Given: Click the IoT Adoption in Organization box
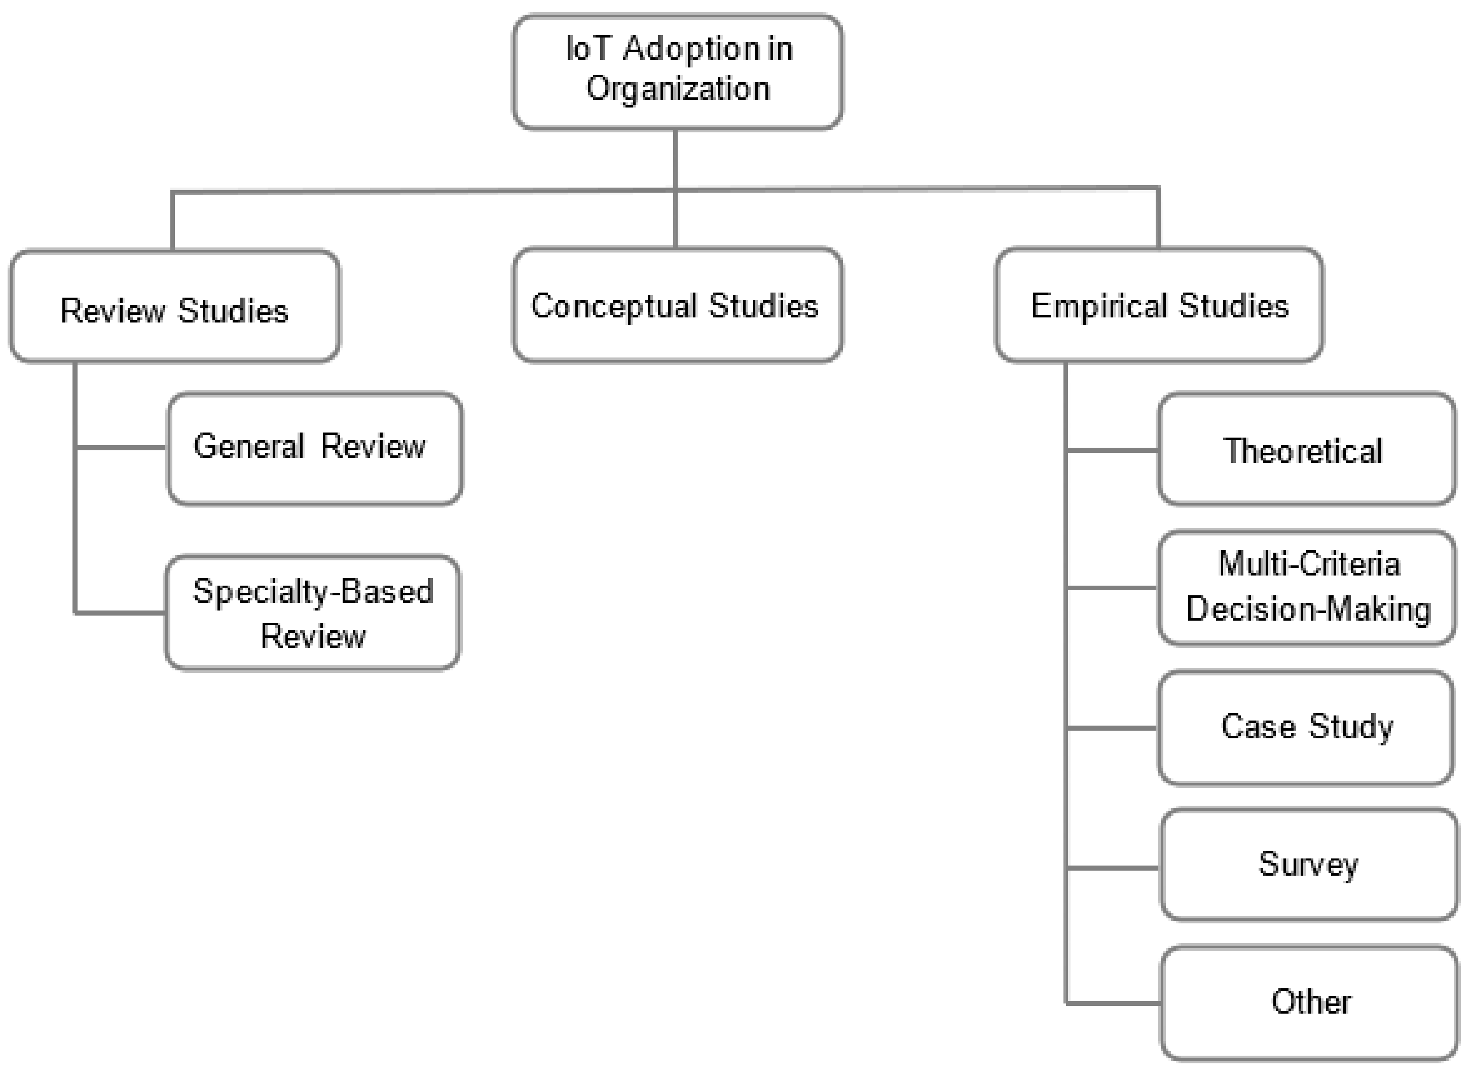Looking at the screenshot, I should coord(677,71).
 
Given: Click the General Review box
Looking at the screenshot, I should coord(315,449).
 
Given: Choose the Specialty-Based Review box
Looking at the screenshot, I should coord(313,613).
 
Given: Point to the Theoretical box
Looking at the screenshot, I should coord(1306,449).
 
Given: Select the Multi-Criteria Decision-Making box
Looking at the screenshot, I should coord(1306,587).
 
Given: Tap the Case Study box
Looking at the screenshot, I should coord(1306,728).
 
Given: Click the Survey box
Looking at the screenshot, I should coord(1308,865).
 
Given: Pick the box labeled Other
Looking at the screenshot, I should coord(1310,1002).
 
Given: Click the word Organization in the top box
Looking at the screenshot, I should coord(678,89).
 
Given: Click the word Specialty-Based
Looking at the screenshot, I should coord(313,592).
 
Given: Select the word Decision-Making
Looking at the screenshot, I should coord(1308,609).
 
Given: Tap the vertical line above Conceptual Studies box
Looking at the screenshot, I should coord(675,219).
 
